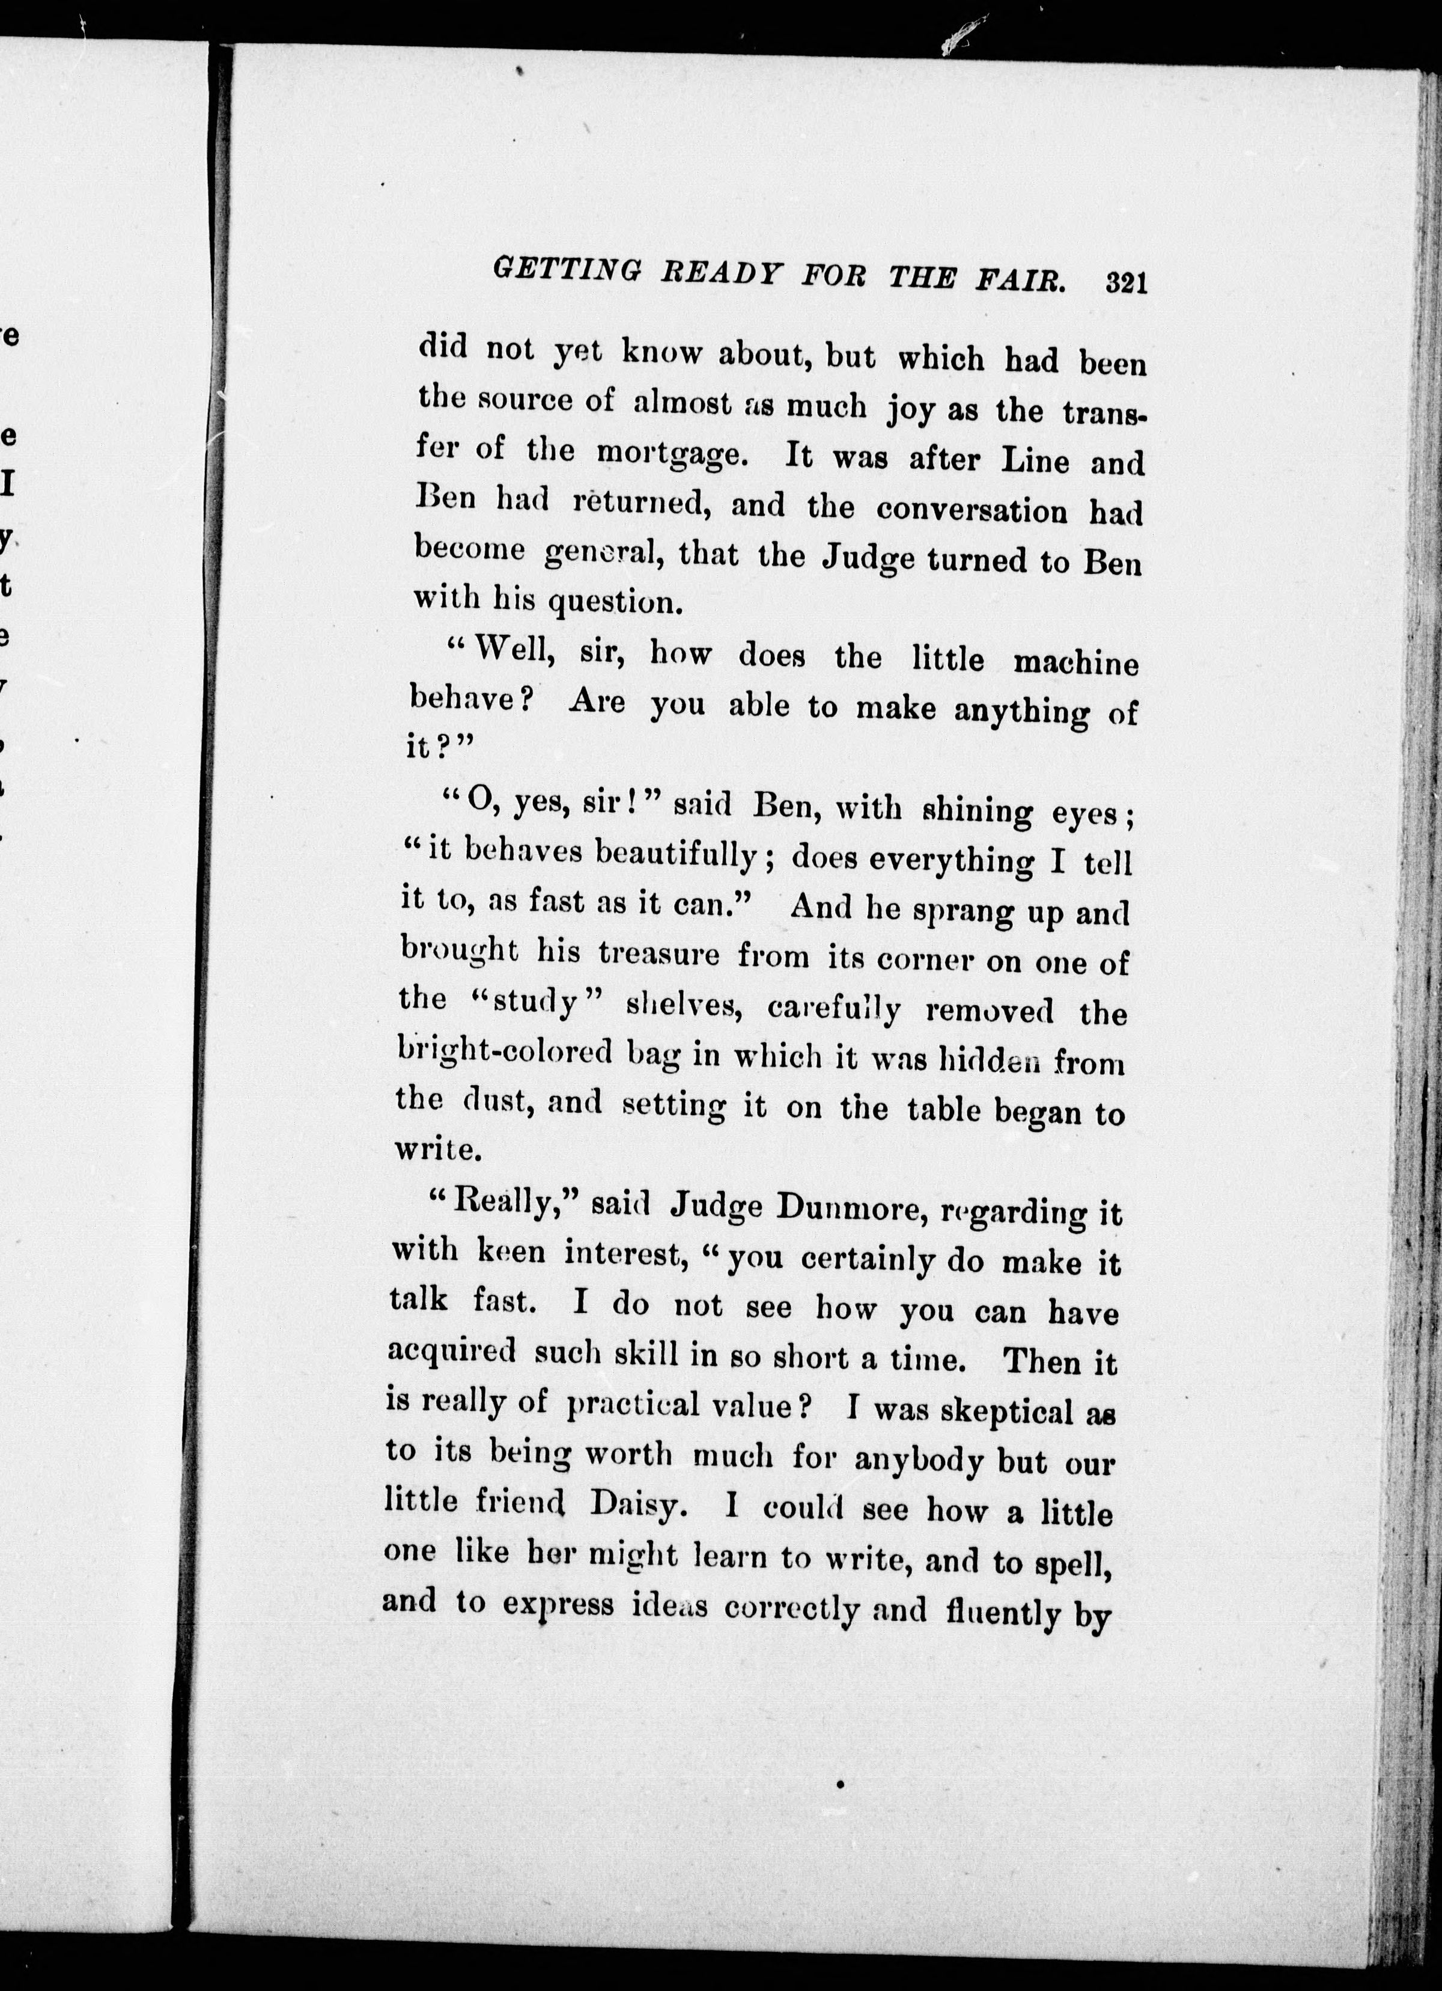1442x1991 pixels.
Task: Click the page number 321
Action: [1127, 284]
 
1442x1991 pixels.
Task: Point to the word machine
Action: [1075, 663]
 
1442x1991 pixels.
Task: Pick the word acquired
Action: [451, 1352]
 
